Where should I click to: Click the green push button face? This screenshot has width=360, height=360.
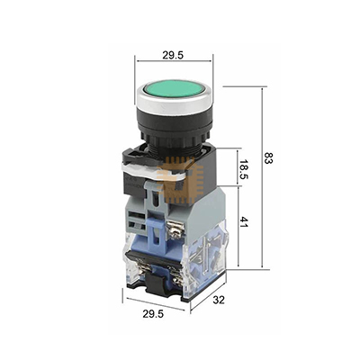click(x=175, y=88)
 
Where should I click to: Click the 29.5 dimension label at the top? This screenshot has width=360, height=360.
click(x=173, y=55)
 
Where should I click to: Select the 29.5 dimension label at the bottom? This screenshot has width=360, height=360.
click(x=153, y=314)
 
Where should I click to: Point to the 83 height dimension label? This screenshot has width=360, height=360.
click(x=268, y=158)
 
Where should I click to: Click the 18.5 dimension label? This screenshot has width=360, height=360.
click(x=244, y=168)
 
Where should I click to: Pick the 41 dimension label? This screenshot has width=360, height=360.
click(x=244, y=222)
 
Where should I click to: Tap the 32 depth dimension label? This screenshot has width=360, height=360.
click(x=219, y=300)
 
